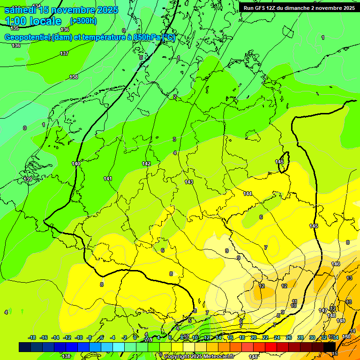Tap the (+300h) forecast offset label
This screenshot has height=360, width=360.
click(83, 21)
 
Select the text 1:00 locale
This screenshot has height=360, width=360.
click(33, 21)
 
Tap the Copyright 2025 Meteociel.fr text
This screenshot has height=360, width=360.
click(199, 356)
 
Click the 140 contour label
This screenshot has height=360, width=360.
click(76, 164)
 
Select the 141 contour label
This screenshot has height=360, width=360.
click(108, 179)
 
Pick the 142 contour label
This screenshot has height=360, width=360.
click(146, 164)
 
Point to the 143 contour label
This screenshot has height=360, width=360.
click(189, 182)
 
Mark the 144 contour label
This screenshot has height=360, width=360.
click(247, 194)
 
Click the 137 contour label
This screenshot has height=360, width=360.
click(64, 53)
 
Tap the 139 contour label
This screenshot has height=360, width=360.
click(28, 179)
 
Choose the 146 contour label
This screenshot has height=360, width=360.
click(336, 264)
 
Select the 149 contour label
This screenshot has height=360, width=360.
click(341, 321)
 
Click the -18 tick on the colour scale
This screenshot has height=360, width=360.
click(32, 337)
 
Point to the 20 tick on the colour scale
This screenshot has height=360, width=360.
click(254, 337)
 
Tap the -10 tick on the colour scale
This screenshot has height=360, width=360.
click(78, 337)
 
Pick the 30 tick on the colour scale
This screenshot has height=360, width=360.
click(312, 337)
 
